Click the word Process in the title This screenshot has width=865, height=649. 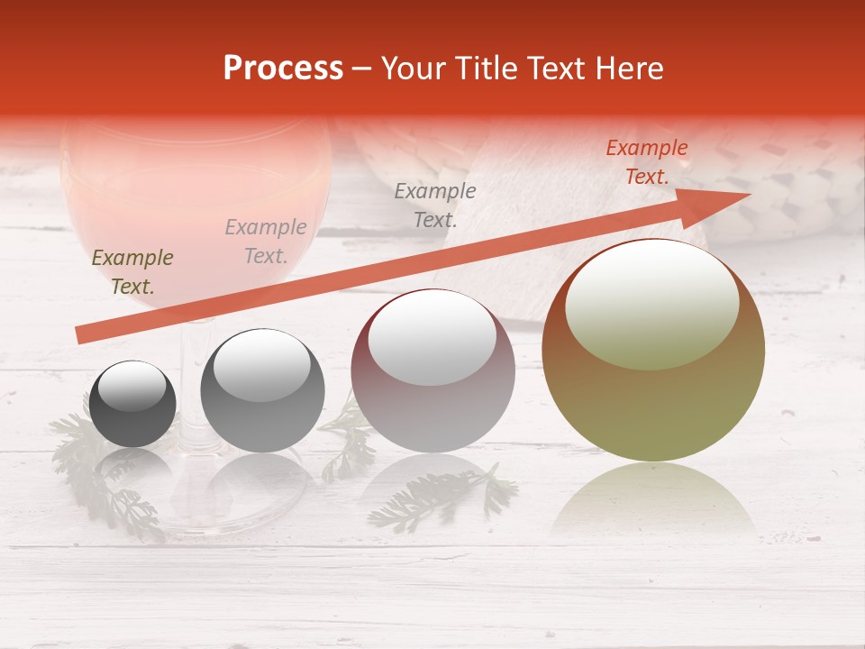[x=283, y=69]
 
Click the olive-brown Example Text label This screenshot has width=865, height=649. [x=132, y=272]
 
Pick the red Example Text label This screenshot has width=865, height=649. [x=646, y=162]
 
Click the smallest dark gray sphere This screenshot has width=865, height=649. [x=132, y=404]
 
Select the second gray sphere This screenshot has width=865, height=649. [x=262, y=390]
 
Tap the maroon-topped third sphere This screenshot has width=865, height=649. [x=432, y=370]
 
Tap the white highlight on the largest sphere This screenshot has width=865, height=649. [x=651, y=304]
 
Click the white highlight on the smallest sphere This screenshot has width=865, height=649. [x=132, y=387]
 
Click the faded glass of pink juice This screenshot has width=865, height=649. [x=194, y=198]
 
